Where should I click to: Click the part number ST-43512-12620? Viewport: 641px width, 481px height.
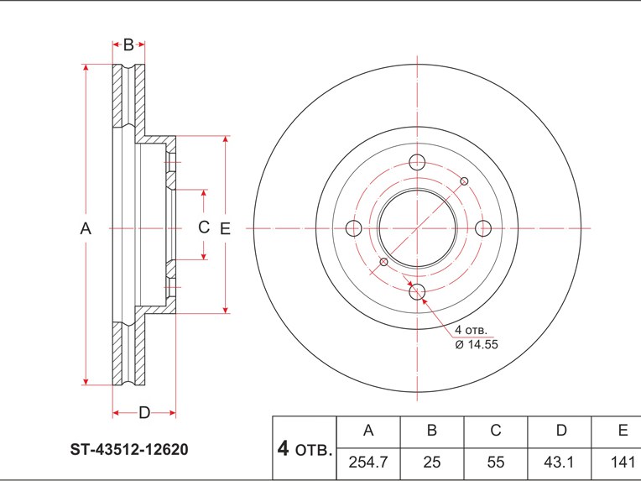(x=128, y=449)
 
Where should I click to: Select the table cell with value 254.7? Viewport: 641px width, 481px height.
(x=367, y=461)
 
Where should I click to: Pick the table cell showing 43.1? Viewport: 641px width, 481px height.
(x=561, y=461)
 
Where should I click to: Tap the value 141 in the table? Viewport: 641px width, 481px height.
(x=622, y=461)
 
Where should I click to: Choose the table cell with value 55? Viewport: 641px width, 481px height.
(x=496, y=461)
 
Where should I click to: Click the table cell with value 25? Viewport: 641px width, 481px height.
(x=431, y=461)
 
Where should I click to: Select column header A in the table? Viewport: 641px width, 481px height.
(x=367, y=431)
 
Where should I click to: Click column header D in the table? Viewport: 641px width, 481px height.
(x=561, y=431)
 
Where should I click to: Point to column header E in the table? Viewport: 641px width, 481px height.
(x=622, y=431)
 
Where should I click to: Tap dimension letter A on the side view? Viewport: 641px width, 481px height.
(x=85, y=227)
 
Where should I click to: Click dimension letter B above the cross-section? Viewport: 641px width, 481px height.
(x=128, y=44)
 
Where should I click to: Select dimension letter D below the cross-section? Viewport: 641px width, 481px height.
(x=143, y=412)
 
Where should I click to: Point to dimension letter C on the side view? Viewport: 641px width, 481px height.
(x=203, y=227)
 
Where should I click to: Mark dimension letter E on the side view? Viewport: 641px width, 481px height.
(x=224, y=227)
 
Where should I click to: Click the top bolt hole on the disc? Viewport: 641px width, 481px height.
(x=418, y=163)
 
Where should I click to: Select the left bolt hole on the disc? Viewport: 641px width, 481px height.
(x=353, y=228)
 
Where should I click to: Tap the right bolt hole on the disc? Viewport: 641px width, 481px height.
(x=482, y=227)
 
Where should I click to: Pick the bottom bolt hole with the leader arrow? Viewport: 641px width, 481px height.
(x=418, y=292)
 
